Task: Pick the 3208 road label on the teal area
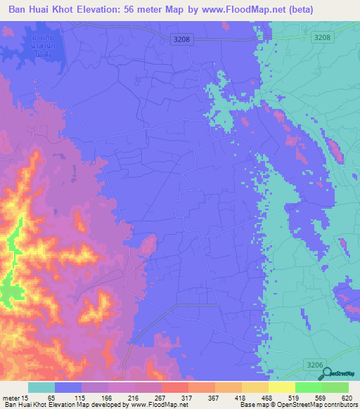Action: point(322,37)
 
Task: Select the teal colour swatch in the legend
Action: point(41,387)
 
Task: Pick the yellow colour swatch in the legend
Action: point(281,387)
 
